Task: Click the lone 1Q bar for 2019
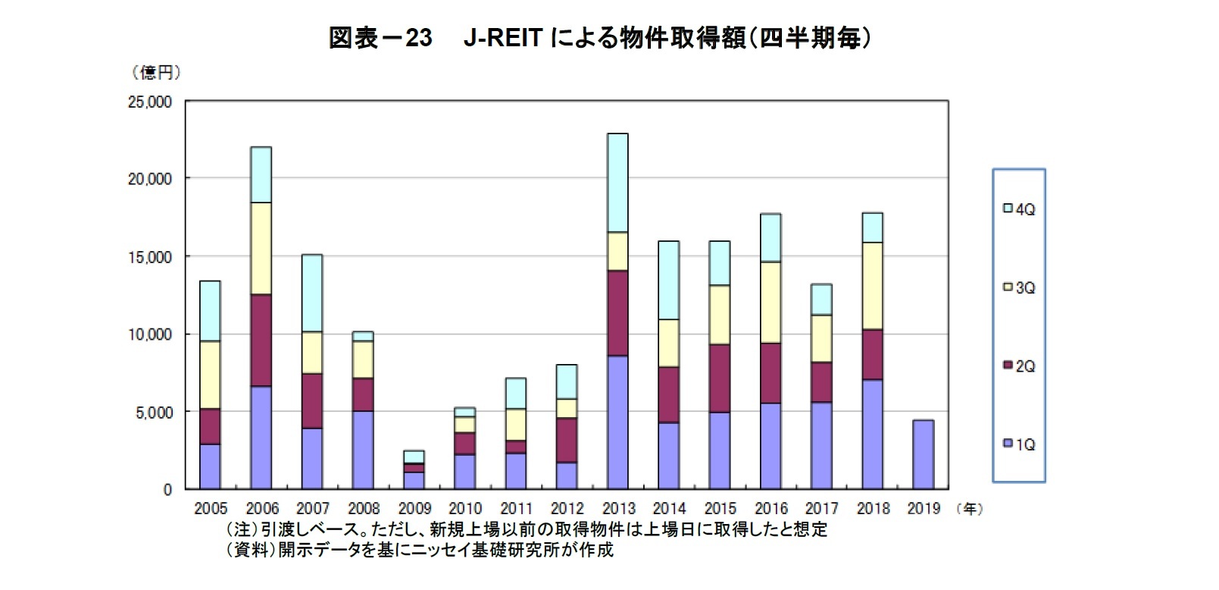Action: tap(923, 454)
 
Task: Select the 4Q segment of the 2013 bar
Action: tap(617, 183)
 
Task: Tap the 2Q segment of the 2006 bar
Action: tap(261, 341)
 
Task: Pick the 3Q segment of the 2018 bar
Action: tap(872, 286)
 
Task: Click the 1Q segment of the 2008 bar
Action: tap(363, 450)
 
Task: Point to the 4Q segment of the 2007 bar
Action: tap(311, 293)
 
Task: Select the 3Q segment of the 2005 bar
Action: tap(210, 375)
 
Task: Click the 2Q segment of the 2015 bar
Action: tap(719, 378)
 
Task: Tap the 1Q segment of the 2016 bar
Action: tap(770, 446)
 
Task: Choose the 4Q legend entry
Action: tap(1019, 209)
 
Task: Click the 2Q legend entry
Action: tap(1019, 366)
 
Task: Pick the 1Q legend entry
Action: tap(1019, 444)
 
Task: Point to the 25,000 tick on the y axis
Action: tap(149, 102)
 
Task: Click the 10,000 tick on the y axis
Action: tap(149, 334)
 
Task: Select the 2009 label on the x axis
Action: tap(414, 509)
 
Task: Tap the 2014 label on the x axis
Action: tap(668, 509)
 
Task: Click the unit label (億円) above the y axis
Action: tap(156, 73)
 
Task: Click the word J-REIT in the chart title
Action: tap(502, 37)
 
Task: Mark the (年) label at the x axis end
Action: tap(970, 509)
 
